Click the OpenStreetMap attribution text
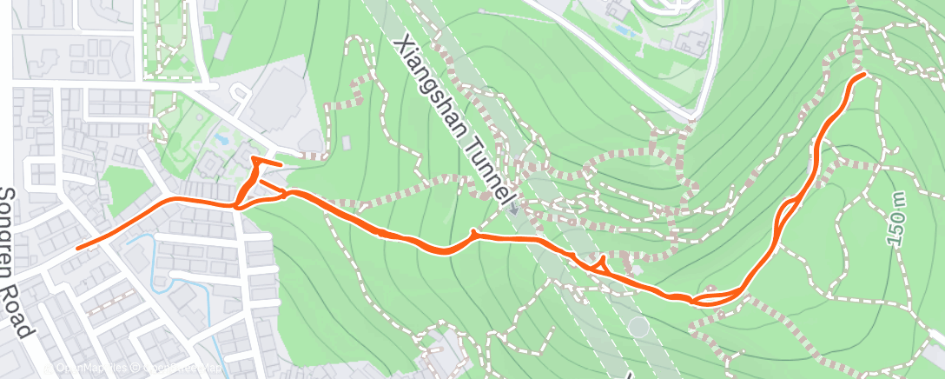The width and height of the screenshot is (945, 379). [179, 369]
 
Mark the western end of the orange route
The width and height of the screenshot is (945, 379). [78, 248]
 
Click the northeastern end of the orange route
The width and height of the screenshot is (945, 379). [865, 76]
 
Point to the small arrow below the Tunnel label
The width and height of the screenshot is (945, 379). [513, 209]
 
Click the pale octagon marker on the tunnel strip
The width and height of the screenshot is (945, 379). [638, 328]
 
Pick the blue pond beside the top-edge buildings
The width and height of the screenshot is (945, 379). [623, 29]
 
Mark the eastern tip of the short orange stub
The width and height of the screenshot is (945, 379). [281, 164]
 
